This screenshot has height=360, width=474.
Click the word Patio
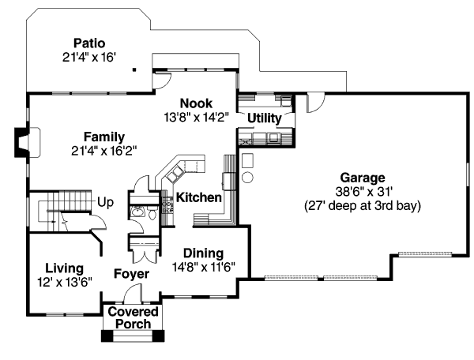[89, 43]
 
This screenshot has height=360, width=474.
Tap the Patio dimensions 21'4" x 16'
[89, 57]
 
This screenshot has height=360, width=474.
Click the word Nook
[195, 103]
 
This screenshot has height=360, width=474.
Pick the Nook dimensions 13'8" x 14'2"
[195, 116]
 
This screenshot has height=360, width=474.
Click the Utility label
[264, 118]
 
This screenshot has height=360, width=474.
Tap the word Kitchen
[197, 197]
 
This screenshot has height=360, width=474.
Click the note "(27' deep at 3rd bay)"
[363, 205]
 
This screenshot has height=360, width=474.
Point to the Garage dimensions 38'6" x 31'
[363, 191]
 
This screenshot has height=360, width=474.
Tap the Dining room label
[203, 253]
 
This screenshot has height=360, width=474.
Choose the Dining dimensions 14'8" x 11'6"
[203, 266]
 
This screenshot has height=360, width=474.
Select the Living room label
[64, 267]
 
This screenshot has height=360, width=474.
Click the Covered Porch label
[134, 318]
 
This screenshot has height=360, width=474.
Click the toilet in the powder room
[137, 212]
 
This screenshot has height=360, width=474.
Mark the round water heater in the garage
[246, 159]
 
